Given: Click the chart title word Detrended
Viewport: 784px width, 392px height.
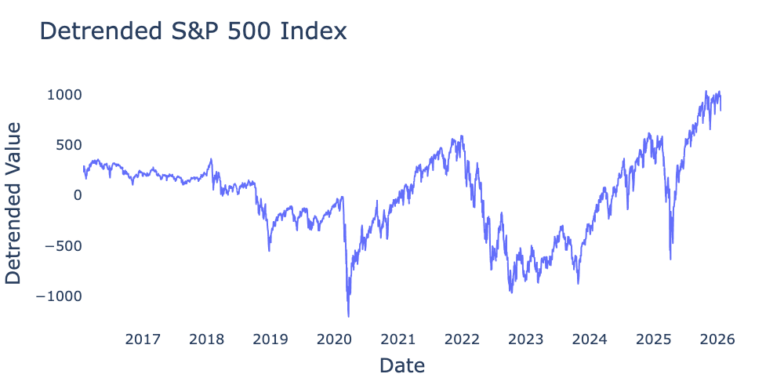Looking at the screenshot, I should click(x=95, y=31).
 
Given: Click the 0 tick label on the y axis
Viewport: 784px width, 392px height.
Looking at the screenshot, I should click(x=77, y=195).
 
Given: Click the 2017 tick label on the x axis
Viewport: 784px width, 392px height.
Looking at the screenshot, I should click(x=143, y=339).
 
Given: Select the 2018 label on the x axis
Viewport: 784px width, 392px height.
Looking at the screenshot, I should click(x=207, y=339).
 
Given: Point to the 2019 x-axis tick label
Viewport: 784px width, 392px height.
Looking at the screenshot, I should click(x=270, y=339).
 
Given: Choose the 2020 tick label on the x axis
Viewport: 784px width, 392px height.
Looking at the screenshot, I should click(x=334, y=339).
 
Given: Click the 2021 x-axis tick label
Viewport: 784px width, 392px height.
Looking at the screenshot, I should click(x=398, y=339).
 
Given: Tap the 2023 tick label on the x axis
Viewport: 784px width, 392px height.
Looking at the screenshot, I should click(x=525, y=339).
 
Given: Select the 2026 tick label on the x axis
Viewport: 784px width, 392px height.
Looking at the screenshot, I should click(x=717, y=339).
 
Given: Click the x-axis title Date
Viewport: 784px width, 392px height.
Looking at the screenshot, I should click(x=402, y=365).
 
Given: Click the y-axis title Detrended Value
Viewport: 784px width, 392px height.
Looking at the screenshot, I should click(x=13, y=202).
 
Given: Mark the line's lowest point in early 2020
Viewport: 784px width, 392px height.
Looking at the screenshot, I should click(x=348, y=316).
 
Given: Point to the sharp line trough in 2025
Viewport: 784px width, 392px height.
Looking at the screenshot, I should click(x=670, y=259).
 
